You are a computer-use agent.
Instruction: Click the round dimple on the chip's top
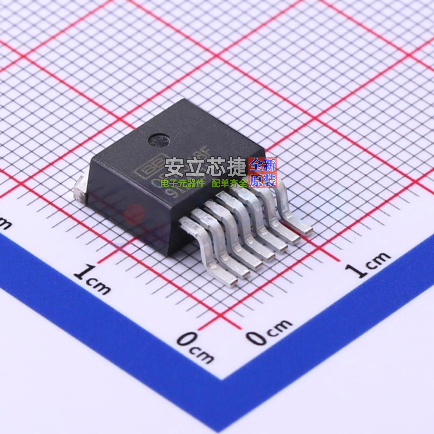[x=159, y=140]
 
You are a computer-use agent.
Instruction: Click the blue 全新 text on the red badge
[x=263, y=165]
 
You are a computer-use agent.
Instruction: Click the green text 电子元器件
[x=183, y=183]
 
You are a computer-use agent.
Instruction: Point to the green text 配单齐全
[x=229, y=183]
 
